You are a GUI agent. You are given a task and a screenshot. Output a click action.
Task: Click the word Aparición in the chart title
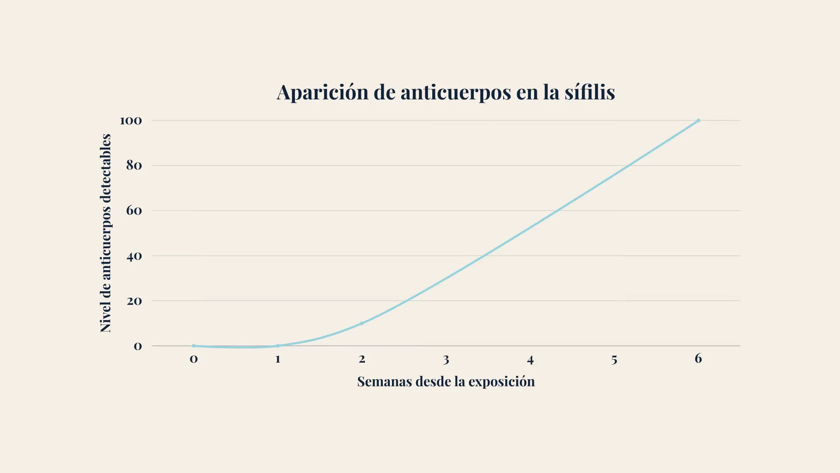pyautogui.click(x=322, y=92)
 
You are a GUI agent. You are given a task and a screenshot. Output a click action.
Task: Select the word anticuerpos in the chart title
pyautogui.click(x=455, y=92)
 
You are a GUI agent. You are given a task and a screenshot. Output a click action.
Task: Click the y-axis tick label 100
pyautogui.click(x=131, y=120)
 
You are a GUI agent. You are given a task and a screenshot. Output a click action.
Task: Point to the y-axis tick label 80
pyautogui.click(x=134, y=166)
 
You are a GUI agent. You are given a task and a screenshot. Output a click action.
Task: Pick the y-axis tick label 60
pyautogui.click(x=134, y=211)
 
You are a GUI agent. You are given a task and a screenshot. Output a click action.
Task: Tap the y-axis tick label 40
pyautogui.click(x=134, y=256)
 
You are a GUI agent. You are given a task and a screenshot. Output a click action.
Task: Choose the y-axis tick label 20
pyautogui.click(x=134, y=301)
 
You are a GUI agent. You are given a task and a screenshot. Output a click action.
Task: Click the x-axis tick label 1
pyautogui.click(x=278, y=359)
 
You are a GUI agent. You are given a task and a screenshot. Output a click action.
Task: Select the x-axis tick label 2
pyautogui.click(x=362, y=359)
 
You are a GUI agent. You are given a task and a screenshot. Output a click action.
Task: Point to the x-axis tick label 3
pyautogui.click(x=446, y=360)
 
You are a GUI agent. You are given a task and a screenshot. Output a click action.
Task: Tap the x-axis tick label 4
pyautogui.click(x=530, y=360)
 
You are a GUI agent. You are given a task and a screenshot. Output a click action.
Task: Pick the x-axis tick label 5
pyautogui.click(x=614, y=360)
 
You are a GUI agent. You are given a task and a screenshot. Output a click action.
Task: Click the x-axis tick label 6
pyautogui.click(x=698, y=358)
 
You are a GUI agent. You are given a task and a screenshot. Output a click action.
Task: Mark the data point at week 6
pyautogui.click(x=698, y=120)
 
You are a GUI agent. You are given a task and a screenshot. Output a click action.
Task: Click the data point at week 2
pyautogui.click(x=362, y=323)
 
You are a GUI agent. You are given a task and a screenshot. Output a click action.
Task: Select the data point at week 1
pyautogui.click(x=278, y=346)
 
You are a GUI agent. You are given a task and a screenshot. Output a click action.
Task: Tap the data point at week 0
pyautogui.click(x=194, y=346)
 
